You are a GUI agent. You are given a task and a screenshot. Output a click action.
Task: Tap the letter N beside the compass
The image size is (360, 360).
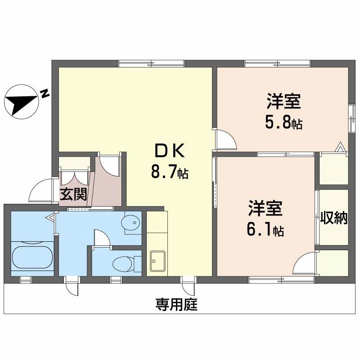(x=44, y=94)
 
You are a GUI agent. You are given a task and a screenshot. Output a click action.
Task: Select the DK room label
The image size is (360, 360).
(x=169, y=152)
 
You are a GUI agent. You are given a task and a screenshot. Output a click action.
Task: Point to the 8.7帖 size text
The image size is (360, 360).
(x=169, y=171)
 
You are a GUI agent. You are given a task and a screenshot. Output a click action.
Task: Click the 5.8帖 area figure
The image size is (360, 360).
(x=283, y=123)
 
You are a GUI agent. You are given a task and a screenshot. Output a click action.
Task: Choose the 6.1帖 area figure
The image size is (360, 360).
(x=265, y=230)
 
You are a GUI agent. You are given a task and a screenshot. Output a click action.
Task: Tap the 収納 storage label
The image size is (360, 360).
(x=334, y=219)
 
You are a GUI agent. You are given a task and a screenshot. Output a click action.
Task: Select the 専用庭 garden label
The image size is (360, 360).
(x=177, y=306)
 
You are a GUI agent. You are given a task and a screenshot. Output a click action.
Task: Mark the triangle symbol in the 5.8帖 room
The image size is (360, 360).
(x=341, y=147)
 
